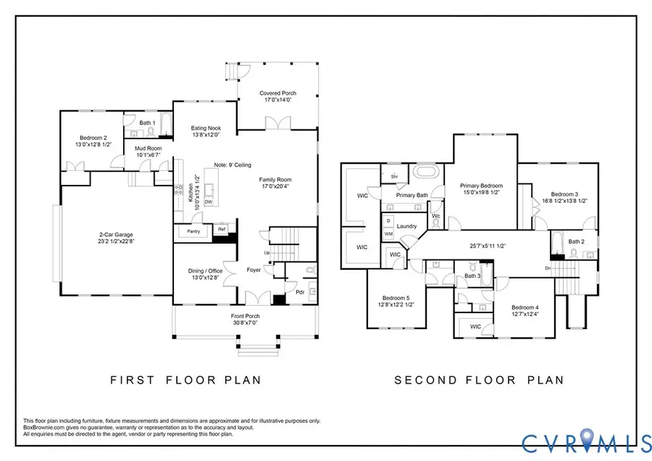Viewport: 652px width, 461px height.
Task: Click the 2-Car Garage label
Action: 117,234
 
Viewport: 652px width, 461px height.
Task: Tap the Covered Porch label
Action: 277,94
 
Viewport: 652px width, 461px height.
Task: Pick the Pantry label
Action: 193,231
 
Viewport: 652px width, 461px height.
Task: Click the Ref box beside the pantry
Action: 222,229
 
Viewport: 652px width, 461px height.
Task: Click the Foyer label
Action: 254,270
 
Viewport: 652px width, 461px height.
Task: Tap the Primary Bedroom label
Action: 482,186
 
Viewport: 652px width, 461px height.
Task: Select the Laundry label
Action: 406,226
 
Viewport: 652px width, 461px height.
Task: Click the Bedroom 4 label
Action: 525,307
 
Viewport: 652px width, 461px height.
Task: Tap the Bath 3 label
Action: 472,275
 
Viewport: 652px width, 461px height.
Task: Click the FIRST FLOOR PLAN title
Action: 185,379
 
